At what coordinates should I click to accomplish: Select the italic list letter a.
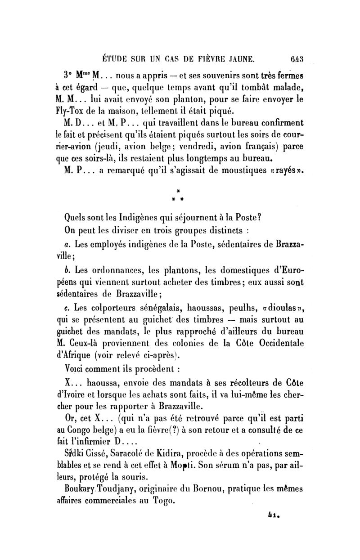[66, 246]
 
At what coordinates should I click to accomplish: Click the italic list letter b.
[66, 271]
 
